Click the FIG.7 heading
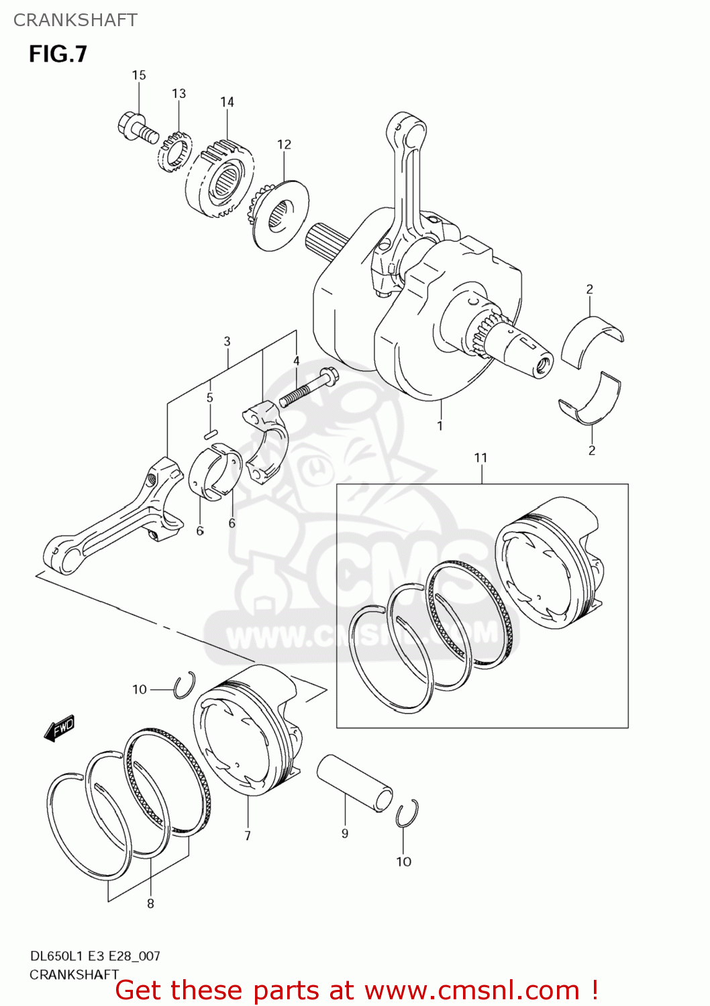click(x=58, y=54)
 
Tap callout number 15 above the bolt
click(x=138, y=75)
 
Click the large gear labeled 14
click(x=219, y=178)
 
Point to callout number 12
click(x=284, y=144)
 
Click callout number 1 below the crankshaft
click(x=440, y=425)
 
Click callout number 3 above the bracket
click(x=227, y=341)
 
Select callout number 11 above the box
click(x=480, y=457)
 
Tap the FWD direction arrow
click(x=59, y=728)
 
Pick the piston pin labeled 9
click(x=354, y=782)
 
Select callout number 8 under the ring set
click(x=150, y=903)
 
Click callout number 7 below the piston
click(x=248, y=835)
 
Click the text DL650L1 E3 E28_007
click(x=95, y=956)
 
